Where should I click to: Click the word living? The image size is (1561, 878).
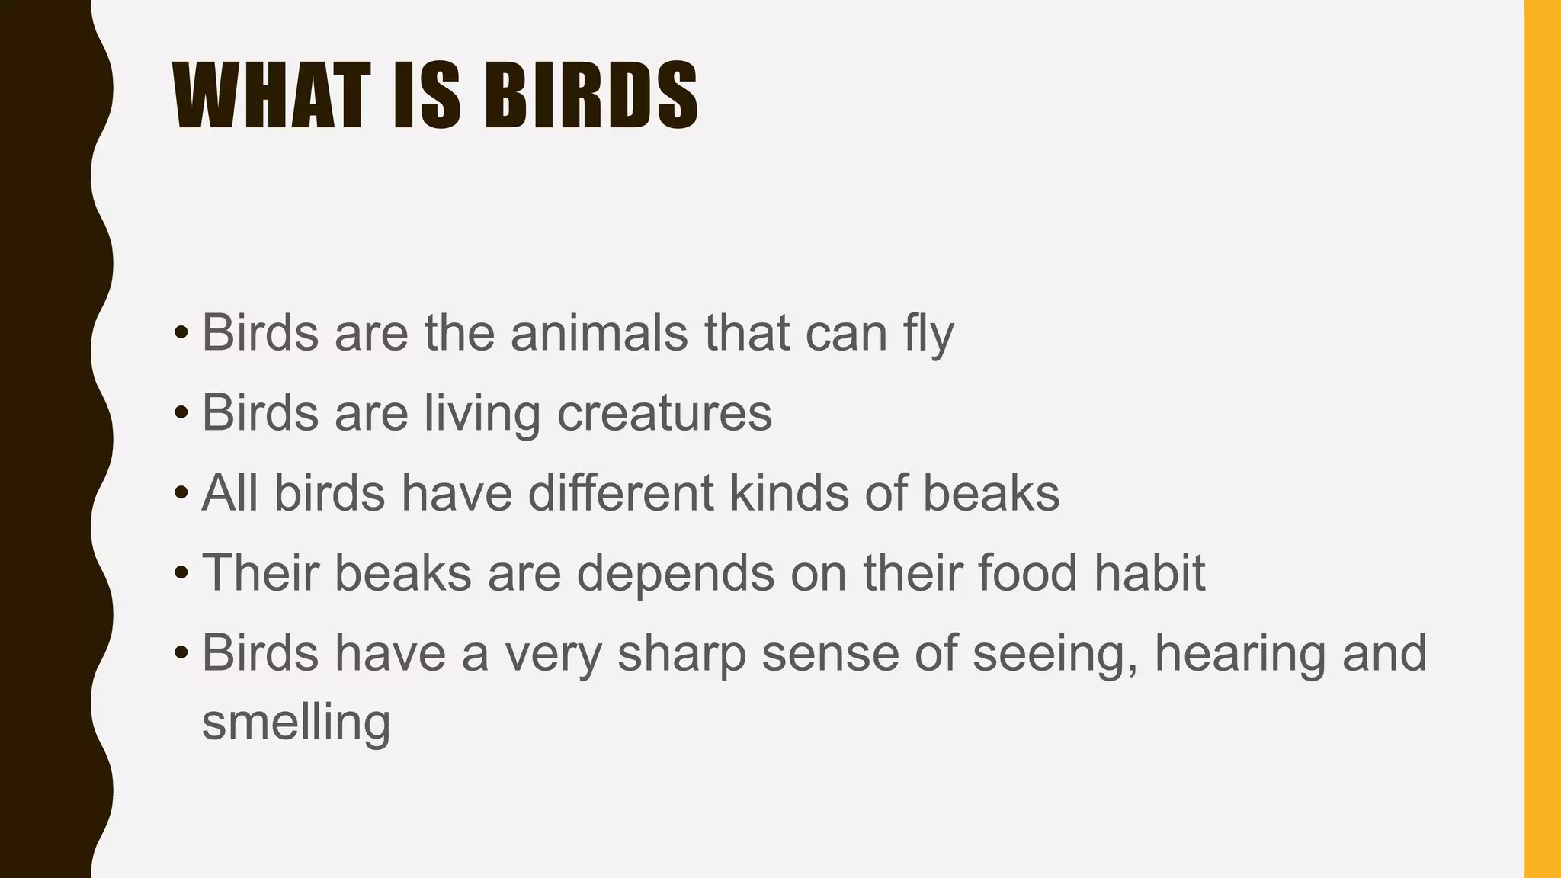point(482,414)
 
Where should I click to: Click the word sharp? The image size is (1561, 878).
point(681,654)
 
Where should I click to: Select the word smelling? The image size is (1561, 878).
point(296,722)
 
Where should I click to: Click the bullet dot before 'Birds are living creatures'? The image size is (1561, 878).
point(181,413)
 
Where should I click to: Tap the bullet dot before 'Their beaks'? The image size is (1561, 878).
point(181,573)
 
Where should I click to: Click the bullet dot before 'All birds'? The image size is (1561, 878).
point(181,493)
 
